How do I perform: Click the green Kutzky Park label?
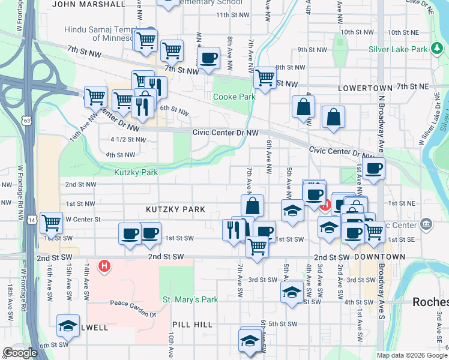coord(136,172)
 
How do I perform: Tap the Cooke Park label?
coord(234,97)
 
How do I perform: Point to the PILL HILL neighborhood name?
coord(195,325)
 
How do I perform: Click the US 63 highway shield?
coord(25,121)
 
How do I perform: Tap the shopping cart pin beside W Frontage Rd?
coord(51,223)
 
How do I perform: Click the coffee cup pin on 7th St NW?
coord(208,58)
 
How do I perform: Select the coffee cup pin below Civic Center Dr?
coord(373,168)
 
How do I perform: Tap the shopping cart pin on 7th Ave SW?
coord(257,245)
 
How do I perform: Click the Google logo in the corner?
coord(20,353)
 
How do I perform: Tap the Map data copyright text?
coord(411,355)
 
